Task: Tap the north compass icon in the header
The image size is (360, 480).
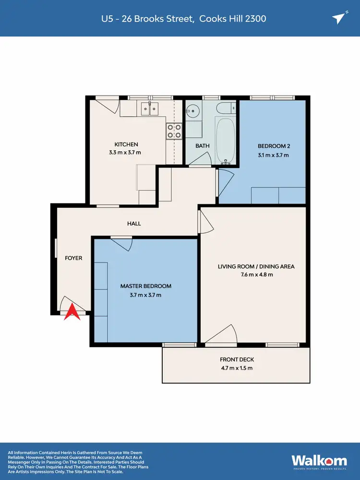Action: pos(338,18)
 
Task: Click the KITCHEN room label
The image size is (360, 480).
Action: pos(126,144)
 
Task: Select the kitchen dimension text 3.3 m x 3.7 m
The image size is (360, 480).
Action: pos(126,153)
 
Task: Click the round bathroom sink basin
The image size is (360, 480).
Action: pos(192,111)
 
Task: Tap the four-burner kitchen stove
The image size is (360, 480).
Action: pos(174,131)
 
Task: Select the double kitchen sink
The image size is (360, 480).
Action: pos(148,108)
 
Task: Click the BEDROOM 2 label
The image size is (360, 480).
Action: pos(274,146)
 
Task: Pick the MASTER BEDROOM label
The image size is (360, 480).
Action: pos(145,286)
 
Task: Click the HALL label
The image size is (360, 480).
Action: pos(134,223)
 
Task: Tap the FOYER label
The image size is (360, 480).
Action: pos(73,258)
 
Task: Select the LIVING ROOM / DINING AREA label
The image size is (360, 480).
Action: pos(256,266)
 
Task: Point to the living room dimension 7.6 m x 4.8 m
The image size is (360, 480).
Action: pos(256,275)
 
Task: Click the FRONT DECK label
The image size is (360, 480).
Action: pos(237,360)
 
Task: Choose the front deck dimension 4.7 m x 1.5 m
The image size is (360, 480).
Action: pos(237,368)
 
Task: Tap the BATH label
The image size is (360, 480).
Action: pos(202,145)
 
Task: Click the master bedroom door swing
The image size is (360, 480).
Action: pos(124,245)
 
